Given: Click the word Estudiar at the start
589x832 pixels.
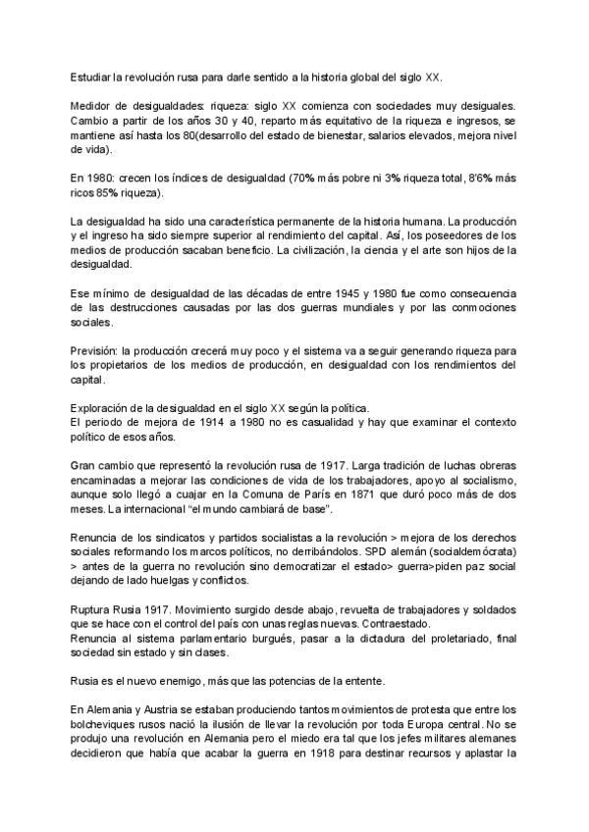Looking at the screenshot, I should (x=92, y=77).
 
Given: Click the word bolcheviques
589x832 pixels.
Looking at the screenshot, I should (x=109, y=726).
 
